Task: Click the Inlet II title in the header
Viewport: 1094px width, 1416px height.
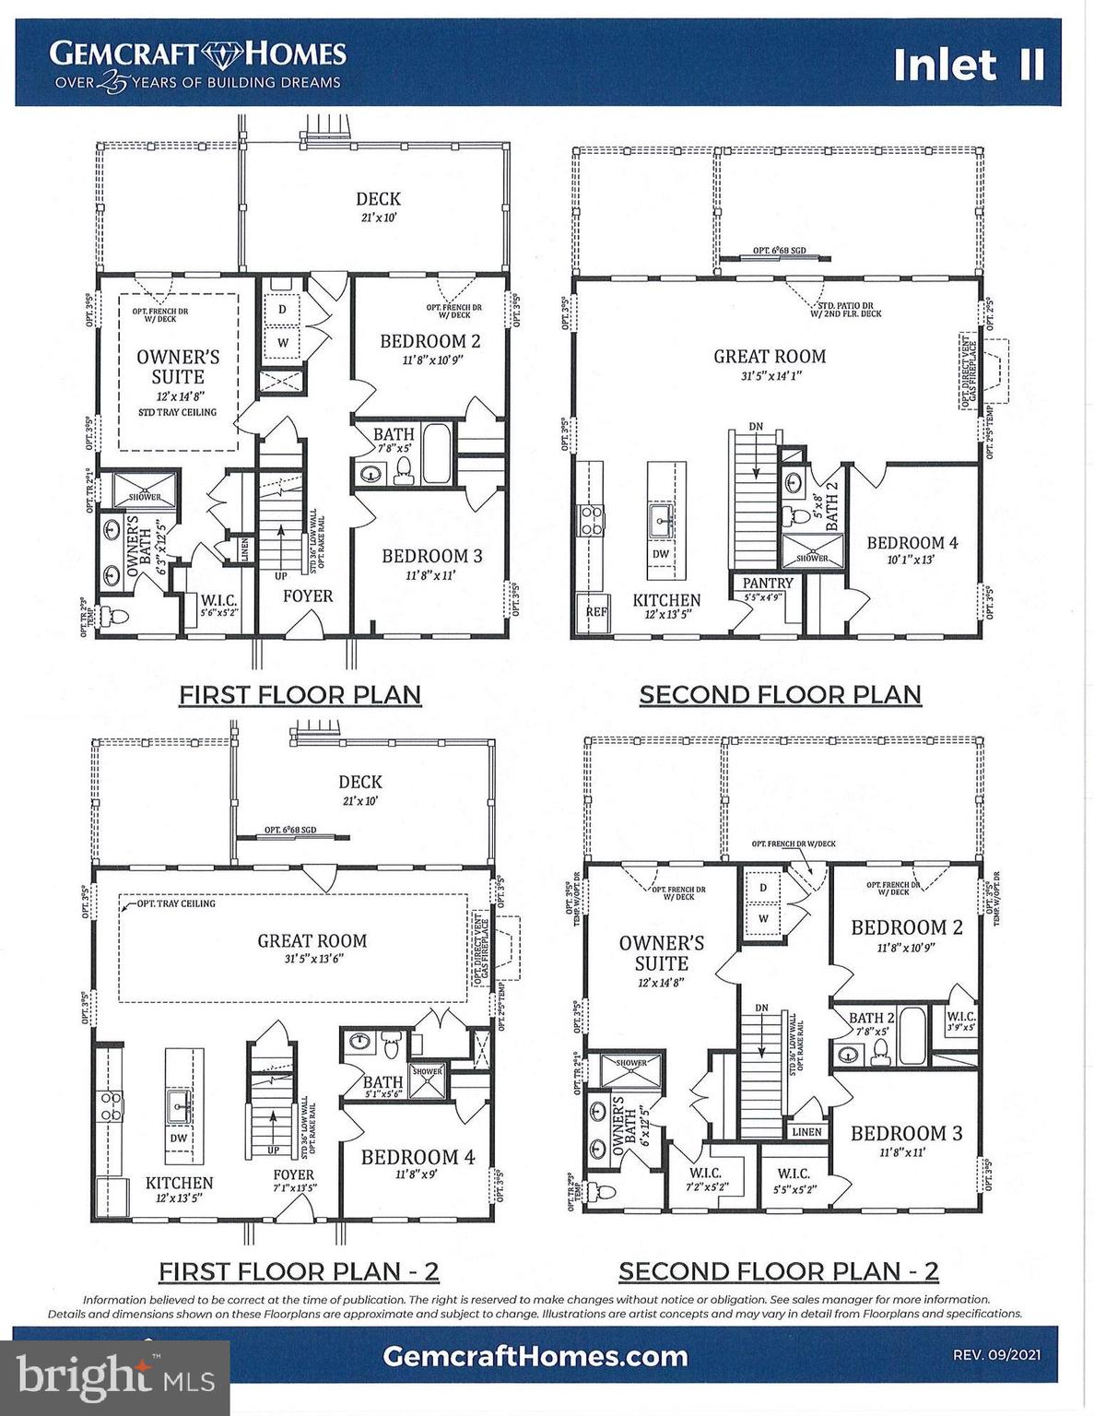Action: pos(968,65)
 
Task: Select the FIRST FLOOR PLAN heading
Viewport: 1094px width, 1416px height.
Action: pos(300,694)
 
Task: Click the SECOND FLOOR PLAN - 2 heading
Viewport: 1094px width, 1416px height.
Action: pos(778,1271)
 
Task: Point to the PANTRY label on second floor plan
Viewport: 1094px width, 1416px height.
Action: pos(767,584)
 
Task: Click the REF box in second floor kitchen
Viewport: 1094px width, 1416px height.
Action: pos(597,611)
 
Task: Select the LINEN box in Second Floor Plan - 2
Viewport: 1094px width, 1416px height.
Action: pos(806,1131)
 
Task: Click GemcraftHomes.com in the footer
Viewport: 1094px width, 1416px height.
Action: pos(535,1356)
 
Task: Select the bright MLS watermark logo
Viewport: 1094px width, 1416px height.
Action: pos(115,1377)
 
